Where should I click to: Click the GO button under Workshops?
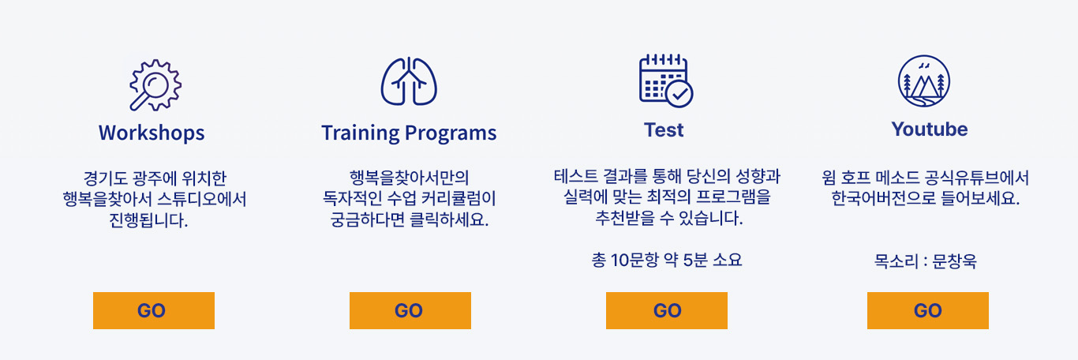tap(154, 310)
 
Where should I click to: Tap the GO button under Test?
tap(667, 310)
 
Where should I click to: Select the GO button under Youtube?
tap(928, 310)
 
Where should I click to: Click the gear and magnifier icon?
tap(155, 85)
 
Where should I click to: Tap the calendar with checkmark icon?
tap(666, 81)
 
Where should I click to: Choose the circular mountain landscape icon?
tap(923, 81)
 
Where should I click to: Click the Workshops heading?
tap(152, 133)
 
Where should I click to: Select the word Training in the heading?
tap(360, 133)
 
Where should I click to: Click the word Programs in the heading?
tap(451, 133)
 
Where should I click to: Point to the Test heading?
tap(664, 130)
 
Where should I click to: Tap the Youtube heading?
tap(930, 129)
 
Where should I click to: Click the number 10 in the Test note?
tap(620, 261)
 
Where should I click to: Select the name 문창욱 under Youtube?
tap(955, 261)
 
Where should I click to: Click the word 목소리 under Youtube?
tap(896, 261)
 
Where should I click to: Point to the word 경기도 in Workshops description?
tap(106, 178)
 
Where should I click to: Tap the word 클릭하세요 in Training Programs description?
tap(449, 220)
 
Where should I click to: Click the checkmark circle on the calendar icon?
tap(679, 94)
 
